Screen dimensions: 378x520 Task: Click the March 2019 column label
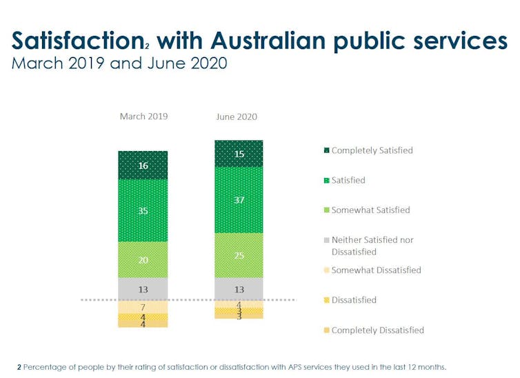(x=143, y=116)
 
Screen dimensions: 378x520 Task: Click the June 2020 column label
(x=237, y=117)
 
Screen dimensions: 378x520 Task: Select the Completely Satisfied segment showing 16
(x=143, y=166)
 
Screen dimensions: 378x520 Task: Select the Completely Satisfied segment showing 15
(x=239, y=154)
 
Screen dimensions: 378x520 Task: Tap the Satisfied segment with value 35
(x=143, y=210)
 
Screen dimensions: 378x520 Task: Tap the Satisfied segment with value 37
(x=239, y=200)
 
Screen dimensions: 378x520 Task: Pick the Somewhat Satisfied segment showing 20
(x=143, y=259)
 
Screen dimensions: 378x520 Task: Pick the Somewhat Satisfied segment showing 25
(x=239, y=255)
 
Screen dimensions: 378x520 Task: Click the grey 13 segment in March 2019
(x=143, y=288)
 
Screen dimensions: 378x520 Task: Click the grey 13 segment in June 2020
(x=239, y=288)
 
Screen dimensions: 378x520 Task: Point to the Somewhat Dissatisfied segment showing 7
(x=143, y=306)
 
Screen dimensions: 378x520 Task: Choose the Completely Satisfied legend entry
(x=372, y=150)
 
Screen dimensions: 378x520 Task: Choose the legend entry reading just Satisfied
(x=348, y=180)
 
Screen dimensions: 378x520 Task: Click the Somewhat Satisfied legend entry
(x=370, y=210)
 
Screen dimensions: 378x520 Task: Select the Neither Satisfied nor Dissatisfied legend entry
(x=372, y=246)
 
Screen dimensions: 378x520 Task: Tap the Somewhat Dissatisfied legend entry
(x=376, y=270)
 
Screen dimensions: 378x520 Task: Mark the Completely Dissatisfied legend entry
(x=377, y=330)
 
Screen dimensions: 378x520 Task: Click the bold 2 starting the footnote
(x=19, y=366)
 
